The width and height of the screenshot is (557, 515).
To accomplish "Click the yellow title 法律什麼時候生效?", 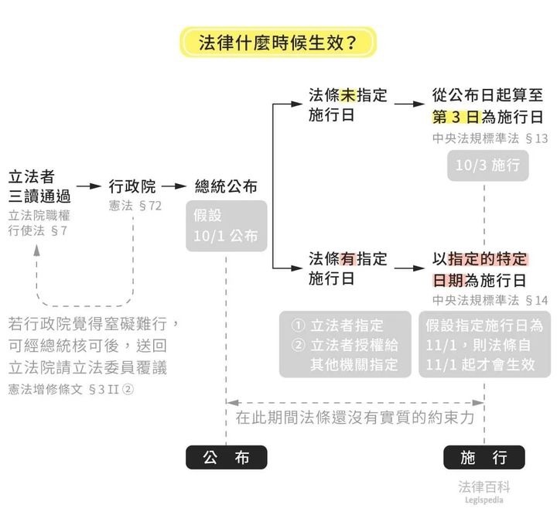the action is click(278, 43).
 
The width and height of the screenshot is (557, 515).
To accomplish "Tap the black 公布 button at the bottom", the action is click(226, 458).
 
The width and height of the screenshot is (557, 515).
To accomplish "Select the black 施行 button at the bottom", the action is click(484, 458).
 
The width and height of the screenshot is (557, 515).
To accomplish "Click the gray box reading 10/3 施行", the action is click(487, 165).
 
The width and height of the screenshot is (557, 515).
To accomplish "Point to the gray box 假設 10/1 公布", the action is click(226, 226).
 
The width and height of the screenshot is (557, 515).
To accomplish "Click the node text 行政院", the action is click(132, 186).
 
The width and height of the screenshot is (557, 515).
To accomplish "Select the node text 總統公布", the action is click(226, 186).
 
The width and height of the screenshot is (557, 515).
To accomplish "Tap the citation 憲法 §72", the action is click(135, 206).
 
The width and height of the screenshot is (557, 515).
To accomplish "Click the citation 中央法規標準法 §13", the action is click(490, 138).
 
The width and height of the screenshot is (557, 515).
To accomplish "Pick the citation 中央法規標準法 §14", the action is click(490, 301).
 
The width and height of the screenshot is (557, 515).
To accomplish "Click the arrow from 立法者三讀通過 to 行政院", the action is click(89, 186).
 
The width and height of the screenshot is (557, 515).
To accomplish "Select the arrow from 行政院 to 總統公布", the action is click(174, 186).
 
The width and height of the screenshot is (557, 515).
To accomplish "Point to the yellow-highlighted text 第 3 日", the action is click(456, 117).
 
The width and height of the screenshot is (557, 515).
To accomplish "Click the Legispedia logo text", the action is click(484, 500).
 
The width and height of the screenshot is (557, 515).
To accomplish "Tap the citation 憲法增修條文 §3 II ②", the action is click(71, 390).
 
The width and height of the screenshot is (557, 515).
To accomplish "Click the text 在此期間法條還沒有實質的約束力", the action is click(355, 418).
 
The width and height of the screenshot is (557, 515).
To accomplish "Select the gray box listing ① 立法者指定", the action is click(345, 344).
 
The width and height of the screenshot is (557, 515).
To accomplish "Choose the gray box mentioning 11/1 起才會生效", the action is click(485, 344).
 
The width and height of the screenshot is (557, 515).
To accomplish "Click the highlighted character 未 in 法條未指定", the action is click(348, 95).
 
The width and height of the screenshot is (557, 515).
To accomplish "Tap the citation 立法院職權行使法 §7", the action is click(39, 223).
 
